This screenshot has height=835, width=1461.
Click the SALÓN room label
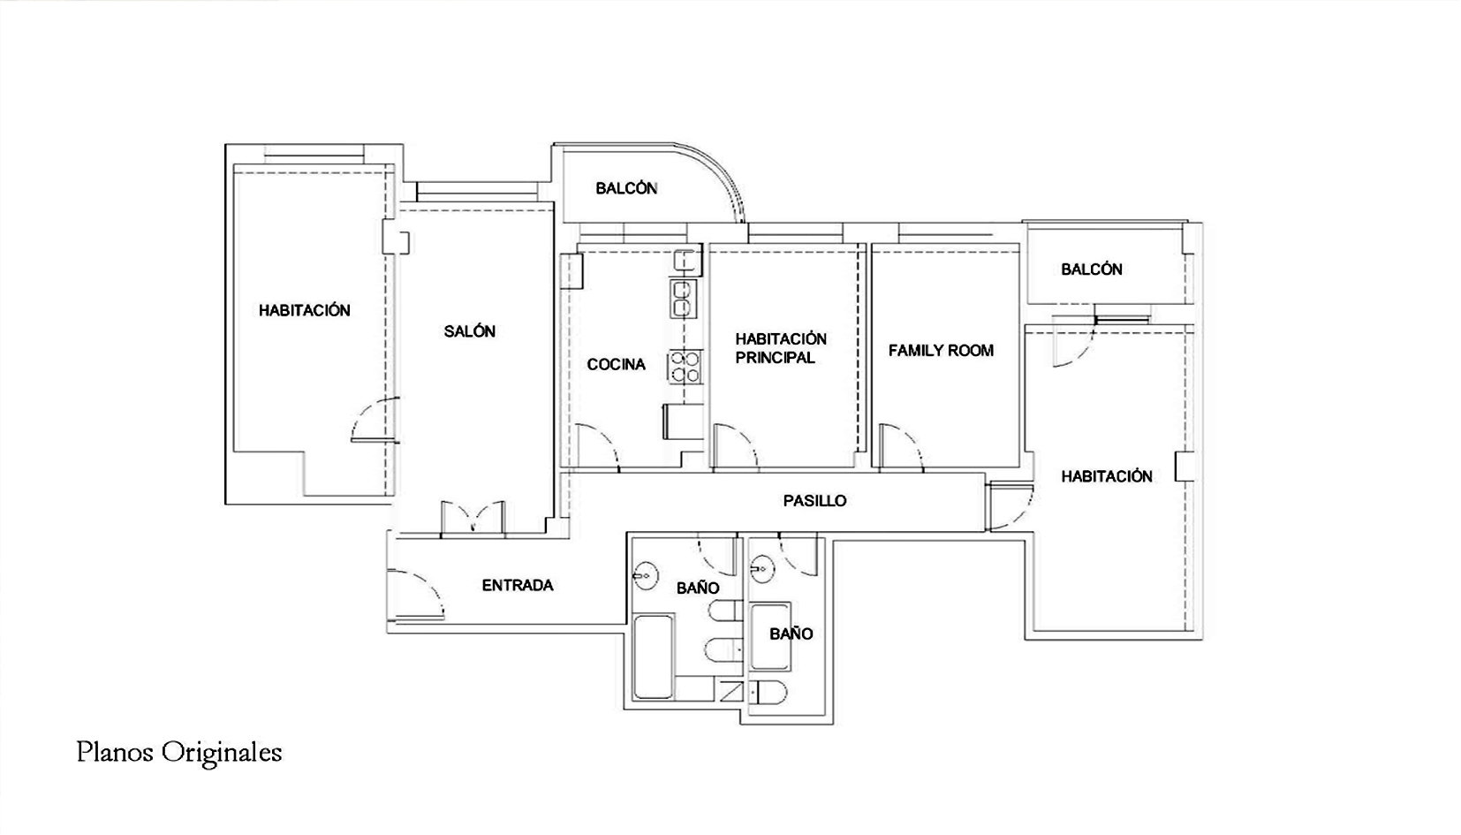click(470, 331)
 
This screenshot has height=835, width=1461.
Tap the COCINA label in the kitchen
click(616, 364)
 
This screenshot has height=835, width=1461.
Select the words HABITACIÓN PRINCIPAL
click(781, 348)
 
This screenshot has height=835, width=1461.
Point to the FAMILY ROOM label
click(941, 350)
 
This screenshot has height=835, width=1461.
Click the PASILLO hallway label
click(814, 500)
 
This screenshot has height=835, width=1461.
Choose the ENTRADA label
click(518, 585)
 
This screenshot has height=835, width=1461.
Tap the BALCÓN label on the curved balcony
click(626, 188)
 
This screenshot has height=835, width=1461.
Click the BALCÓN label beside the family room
click(1091, 269)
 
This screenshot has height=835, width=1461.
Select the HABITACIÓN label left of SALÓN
click(304, 310)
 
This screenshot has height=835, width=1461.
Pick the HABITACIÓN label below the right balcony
click(1106, 476)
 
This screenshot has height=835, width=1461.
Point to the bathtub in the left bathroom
click(654, 657)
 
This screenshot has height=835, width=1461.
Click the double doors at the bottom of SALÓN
click(473, 518)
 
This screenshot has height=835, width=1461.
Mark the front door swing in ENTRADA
click(416, 594)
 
